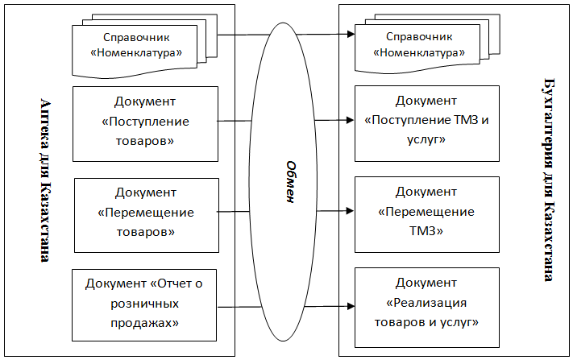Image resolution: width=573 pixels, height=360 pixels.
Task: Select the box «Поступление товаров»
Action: tap(146, 122)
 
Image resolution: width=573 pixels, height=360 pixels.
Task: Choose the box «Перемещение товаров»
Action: tap(146, 213)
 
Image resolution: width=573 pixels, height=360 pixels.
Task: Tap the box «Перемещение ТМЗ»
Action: tap(427, 213)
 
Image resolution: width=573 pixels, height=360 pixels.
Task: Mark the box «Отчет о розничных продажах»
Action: tap(145, 304)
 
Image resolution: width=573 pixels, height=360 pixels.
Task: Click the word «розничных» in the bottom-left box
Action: tap(145, 304)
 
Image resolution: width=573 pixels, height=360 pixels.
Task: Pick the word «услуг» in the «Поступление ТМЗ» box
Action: tap(426, 140)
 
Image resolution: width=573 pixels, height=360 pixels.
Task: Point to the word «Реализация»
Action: tap(426, 303)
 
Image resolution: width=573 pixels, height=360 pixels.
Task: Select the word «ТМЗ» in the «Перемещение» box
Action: tap(426, 231)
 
